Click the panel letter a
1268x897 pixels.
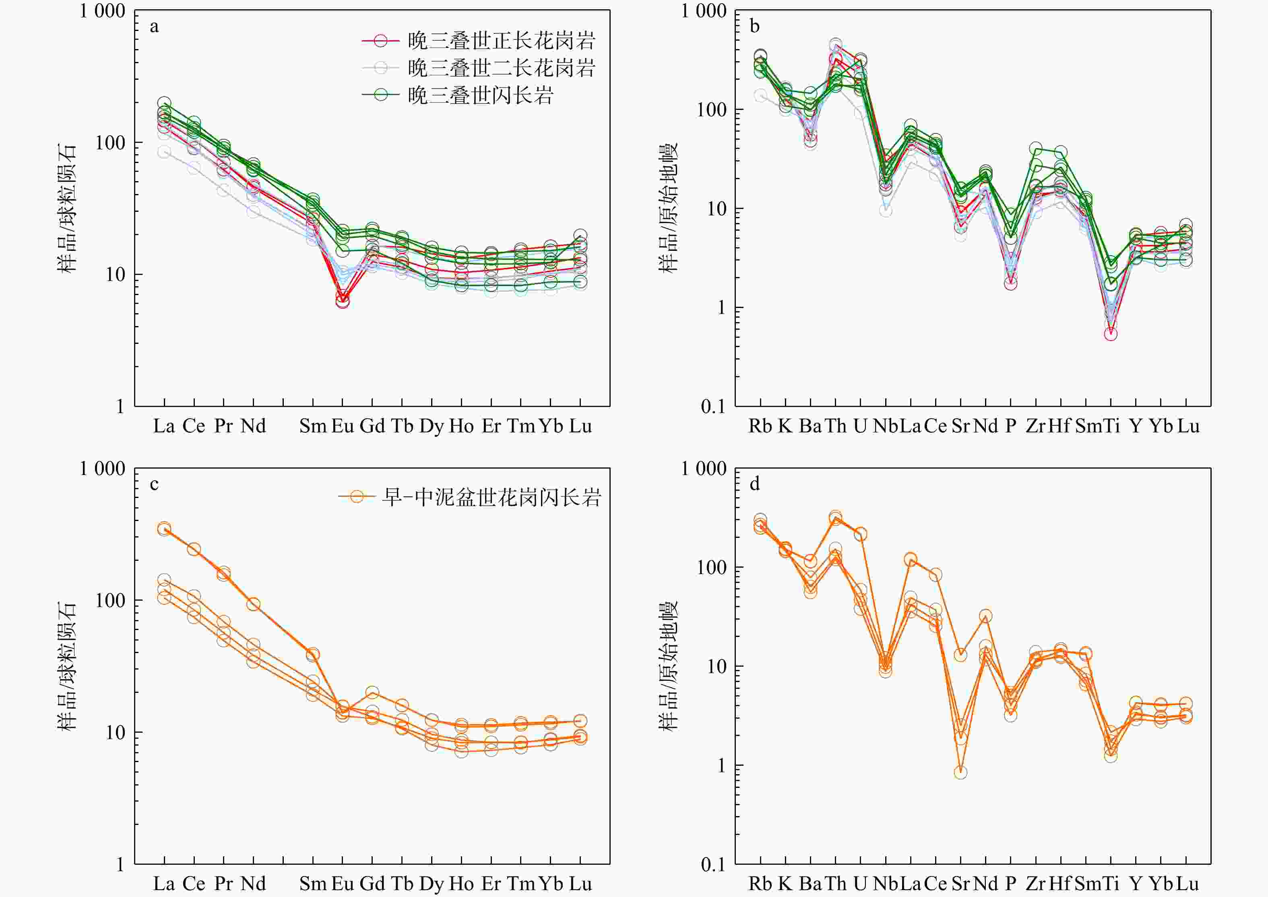(154, 27)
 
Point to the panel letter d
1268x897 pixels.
(754, 484)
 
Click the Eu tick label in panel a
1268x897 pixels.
(343, 426)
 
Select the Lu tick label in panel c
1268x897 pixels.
(580, 883)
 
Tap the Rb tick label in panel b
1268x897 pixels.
(760, 426)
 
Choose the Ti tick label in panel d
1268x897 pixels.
(1111, 883)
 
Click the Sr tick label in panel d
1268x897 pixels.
(960, 883)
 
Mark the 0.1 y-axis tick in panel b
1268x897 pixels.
(713, 407)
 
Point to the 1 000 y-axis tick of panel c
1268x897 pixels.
(102, 468)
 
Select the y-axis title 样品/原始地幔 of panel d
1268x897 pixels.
(668, 666)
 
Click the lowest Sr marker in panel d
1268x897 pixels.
(960, 772)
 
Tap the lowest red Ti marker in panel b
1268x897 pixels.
(1111, 334)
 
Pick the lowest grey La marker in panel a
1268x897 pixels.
(164, 152)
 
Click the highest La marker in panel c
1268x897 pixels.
(164, 528)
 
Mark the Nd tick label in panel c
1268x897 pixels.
(254, 883)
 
